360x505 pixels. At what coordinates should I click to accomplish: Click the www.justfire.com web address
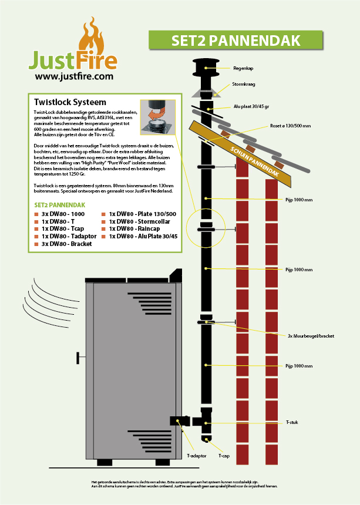click(x=74, y=76)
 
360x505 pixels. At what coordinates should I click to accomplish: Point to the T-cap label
click(x=223, y=455)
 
